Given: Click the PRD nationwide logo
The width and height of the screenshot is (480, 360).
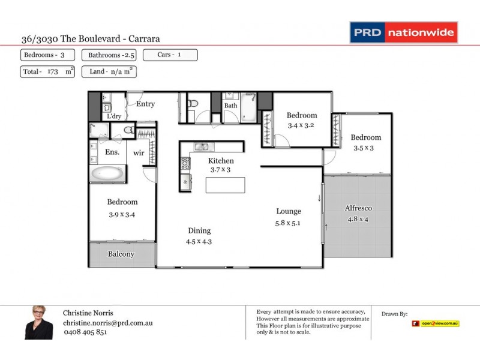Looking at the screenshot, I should [404, 32].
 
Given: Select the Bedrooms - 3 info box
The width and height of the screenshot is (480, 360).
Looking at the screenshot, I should [47, 55].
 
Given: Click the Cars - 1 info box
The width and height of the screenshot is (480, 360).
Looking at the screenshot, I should [170, 55].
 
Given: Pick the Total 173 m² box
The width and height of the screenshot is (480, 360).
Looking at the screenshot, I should [47, 72].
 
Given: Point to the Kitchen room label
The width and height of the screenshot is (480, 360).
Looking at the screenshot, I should [221, 161].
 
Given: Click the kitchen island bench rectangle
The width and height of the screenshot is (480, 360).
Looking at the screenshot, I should [226, 185].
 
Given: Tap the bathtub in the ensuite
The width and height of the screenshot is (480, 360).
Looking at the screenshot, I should [108, 175].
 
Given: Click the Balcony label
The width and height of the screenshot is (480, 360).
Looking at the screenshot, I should [121, 254].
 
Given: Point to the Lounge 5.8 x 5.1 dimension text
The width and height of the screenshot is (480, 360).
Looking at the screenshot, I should [288, 223].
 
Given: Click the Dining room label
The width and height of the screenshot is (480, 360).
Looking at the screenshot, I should [199, 230].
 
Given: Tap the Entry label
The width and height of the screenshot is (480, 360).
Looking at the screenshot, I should [145, 104].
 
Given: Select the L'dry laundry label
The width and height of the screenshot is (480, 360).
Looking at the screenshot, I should [114, 116].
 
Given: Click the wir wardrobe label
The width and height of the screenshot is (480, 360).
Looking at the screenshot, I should [139, 153].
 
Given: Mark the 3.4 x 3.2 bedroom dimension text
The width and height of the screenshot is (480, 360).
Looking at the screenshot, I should [301, 126].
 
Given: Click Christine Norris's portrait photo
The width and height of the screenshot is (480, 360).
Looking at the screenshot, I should [39, 323].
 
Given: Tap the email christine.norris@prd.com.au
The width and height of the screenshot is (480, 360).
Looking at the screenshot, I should [107, 323].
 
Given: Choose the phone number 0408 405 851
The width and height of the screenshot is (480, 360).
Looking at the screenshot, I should [85, 332].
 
